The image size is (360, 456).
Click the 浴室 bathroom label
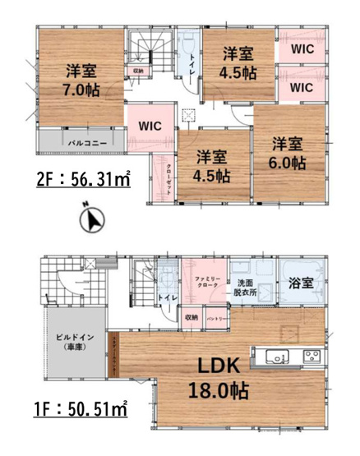[300, 283]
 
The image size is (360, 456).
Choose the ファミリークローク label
[205, 284]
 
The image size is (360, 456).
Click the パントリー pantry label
[216, 317]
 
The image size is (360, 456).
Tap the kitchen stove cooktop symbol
[312, 356]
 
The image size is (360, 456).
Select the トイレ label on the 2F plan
[192, 63]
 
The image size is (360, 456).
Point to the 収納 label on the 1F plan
[191, 316]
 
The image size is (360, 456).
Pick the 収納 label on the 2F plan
[137, 71]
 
